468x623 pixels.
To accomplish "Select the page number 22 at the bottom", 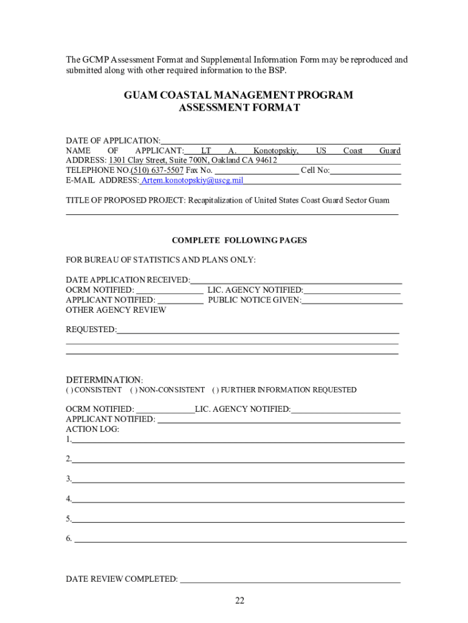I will tap(239, 601).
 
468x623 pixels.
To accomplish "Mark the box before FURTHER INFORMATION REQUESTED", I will tap(216, 390).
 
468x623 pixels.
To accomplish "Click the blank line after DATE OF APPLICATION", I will tap(280, 141).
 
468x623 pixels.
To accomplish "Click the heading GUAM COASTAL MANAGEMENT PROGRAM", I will tap(238, 96).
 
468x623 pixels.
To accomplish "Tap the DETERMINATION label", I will tap(103, 380).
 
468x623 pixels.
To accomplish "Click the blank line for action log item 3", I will tap(238, 479).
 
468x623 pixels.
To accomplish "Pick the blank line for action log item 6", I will tap(240, 539).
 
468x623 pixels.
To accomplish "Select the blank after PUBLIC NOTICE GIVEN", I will tap(352, 301).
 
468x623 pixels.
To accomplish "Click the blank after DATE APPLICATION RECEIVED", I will tap(296, 280).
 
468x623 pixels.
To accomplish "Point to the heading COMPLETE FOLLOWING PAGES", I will tap(239, 240).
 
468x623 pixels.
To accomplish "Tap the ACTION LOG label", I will tap(92, 429).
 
